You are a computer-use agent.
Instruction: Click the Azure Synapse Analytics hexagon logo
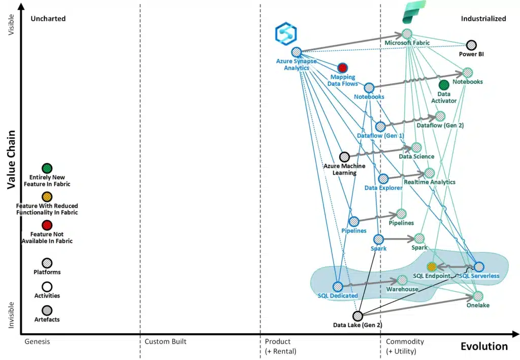tap(285, 32)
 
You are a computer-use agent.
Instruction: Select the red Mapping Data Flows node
tap(342, 68)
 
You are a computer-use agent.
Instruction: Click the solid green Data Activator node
tap(444, 85)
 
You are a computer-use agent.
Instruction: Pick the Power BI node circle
tap(471, 45)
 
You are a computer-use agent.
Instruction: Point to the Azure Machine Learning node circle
tap(344, 157)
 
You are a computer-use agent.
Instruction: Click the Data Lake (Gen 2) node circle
tap(357, 316)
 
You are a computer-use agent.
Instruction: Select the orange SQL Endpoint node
tap(432, 267)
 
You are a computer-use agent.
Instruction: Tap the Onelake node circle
tap(478, 296)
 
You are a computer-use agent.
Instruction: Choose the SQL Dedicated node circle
tap(338, 286)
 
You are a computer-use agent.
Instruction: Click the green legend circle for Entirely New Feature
tap(47, 169)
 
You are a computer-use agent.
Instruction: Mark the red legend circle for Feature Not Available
tap(47, 225)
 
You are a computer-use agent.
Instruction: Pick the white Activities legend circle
tap(47, 287)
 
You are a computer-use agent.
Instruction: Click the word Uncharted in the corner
tap(48, 19)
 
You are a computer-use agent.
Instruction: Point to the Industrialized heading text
tap(483, 19)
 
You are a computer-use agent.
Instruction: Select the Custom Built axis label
tap(165, 342)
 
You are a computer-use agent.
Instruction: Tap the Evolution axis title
tap(483, 346)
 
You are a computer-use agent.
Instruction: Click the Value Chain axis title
tap(11, 159)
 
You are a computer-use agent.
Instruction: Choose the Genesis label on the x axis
tap(37, 342)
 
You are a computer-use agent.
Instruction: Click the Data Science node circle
tap(416, 147)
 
